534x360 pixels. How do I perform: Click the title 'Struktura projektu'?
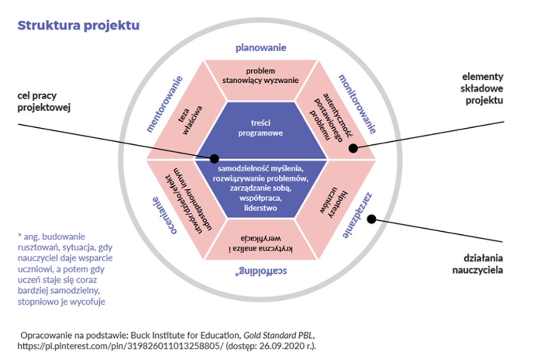click(79, 26)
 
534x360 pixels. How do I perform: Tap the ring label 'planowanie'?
click(261, 48)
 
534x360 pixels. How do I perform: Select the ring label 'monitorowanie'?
click(357, 104)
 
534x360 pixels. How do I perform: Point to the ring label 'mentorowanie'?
click(164, 104)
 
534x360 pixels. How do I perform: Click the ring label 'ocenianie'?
click(165, 215)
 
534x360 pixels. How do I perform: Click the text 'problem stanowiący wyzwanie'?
click(261, 76)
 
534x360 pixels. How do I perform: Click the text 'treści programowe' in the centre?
click(261, 128)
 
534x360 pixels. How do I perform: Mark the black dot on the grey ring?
click(371, 219)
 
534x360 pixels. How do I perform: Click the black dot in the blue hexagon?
click(215, 159)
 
